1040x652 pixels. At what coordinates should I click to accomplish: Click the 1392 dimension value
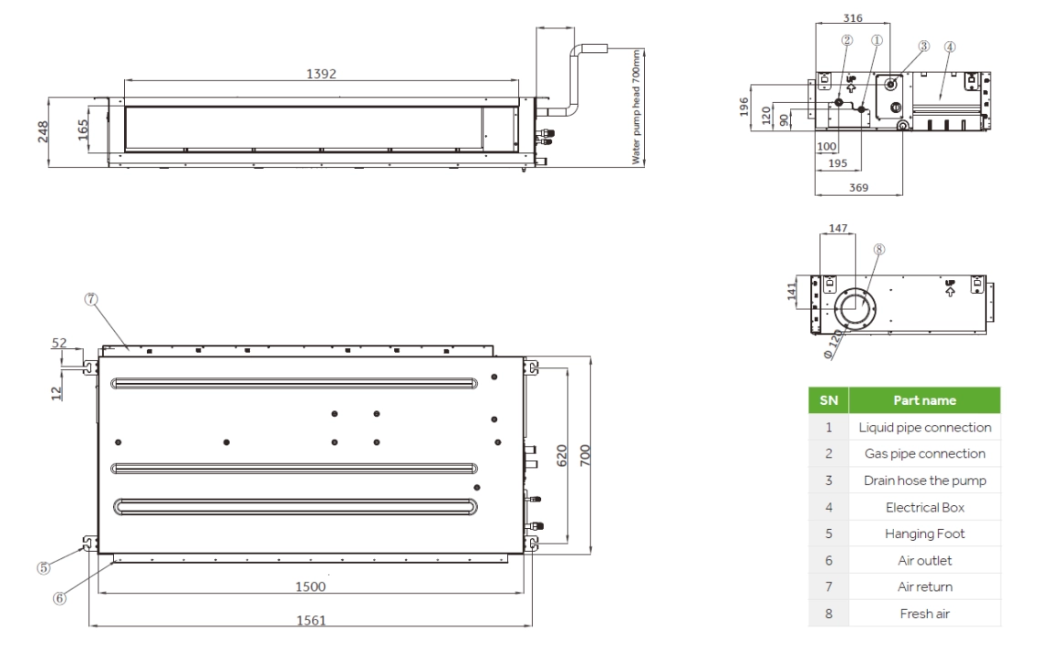(x=320, y=74)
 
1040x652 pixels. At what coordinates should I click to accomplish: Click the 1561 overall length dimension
(x=311, y=619)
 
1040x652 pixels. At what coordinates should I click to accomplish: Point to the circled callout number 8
(x=879, y=249)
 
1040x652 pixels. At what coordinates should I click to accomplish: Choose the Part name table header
(x=924, y=400)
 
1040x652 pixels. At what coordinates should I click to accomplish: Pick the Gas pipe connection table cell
(x=924, y=452)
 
